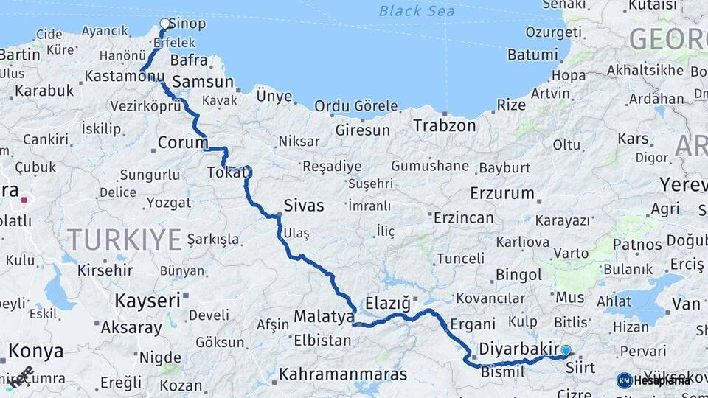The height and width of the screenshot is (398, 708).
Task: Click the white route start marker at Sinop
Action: click(165, 24)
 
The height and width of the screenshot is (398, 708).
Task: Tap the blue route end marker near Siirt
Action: click(566, 351)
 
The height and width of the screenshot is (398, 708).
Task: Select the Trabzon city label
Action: click(444, 126)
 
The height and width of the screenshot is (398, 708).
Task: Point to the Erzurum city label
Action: click(502, 194)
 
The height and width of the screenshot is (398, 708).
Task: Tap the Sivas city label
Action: click(304, 206)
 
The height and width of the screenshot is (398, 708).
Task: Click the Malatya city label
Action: click(324, 317)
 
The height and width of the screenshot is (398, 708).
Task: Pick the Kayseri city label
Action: click(147, 301)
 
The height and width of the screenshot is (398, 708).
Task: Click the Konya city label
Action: click(36, 351)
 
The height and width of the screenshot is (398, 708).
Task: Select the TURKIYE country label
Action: click(124, 240)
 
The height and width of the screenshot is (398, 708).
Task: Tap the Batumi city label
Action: click(532, 55)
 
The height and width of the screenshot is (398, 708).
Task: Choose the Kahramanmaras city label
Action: click(343, 374)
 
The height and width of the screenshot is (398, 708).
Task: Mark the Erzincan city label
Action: click(463, 218)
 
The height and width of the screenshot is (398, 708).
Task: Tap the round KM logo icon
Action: click(625, 380)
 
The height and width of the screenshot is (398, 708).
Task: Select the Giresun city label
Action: click(362, 130)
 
